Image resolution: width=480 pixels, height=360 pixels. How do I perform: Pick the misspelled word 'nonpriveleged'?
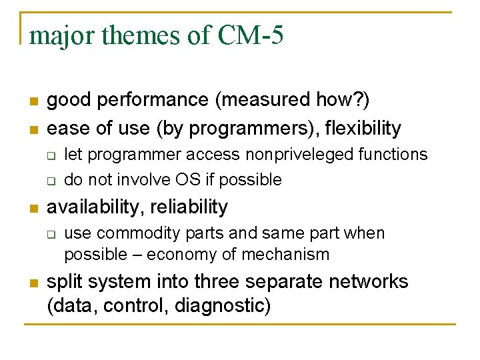[301, 155]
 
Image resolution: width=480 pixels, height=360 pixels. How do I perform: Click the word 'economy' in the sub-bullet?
[178, 255]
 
